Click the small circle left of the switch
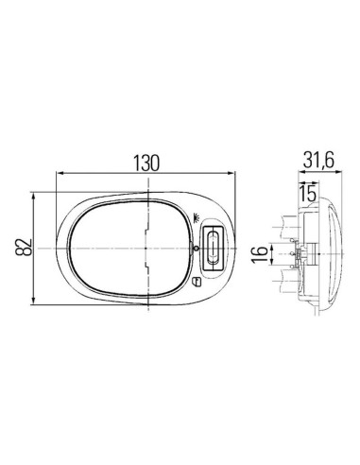coord(196,249)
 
